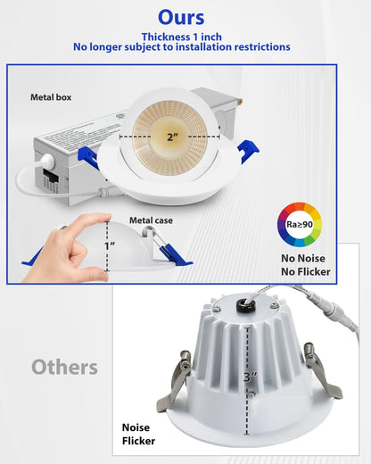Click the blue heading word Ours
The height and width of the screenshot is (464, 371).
pos(181,18)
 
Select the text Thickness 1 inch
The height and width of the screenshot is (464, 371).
pos(181,35)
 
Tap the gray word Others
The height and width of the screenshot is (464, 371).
pos(65,367)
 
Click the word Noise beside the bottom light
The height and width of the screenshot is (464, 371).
pos(139,428)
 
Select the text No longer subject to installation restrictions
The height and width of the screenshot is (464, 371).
pos(181,47)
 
